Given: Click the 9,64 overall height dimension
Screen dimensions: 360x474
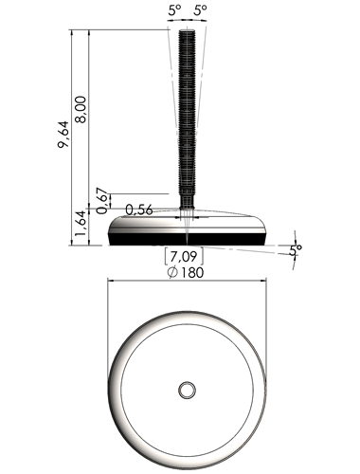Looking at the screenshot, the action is click(63, 135).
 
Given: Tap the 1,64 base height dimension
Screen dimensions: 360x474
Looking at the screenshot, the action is click(81, 223).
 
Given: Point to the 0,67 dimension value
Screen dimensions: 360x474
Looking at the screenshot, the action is click(102, 201).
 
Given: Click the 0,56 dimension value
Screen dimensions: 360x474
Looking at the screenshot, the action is click(139, 210).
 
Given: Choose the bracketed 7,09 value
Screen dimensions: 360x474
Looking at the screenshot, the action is click(184, 256).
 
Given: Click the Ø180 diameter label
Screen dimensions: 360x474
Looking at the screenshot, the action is click(186, 272).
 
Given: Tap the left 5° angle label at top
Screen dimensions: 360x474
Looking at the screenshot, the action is click(174, 10).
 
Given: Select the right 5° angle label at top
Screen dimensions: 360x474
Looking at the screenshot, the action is click(200, 10).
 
